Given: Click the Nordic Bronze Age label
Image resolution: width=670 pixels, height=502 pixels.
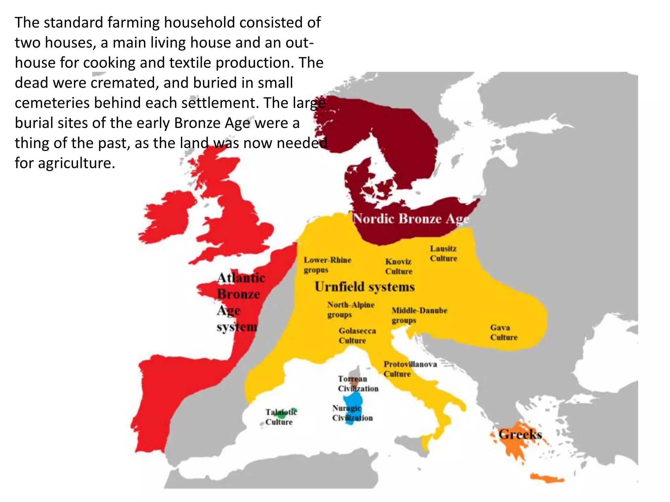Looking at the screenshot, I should pyautogui.click(x=411, y=219).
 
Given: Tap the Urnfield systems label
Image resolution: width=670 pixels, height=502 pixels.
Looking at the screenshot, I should pyautogui.click(x=364, y=287).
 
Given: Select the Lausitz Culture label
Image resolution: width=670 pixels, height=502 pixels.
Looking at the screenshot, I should pyautogui.click(x=443, y=253).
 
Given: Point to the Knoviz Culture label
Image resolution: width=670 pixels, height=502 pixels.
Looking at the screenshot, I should pyautogui.click(x=398, y=266).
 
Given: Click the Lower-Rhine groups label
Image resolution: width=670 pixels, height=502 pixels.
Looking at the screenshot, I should pyautogui.click(x=327, y=265).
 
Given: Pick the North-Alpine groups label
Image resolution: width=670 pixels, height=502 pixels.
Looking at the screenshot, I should pyautogui.click(x=351, y=309).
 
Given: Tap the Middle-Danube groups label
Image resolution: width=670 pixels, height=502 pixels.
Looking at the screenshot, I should pyautogui.click(x=419, y=315).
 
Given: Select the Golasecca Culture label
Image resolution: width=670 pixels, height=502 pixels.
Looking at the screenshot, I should pyautogui.click(x=357, y=335).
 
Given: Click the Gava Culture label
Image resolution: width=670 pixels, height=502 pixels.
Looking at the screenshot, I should pyautogui.click(x=503, y=332).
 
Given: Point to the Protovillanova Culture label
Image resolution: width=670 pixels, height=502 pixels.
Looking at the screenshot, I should pyautogui.click(x=410, y=369).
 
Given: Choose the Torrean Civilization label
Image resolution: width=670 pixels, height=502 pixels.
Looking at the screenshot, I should pyautogui.click(x=358, y=383).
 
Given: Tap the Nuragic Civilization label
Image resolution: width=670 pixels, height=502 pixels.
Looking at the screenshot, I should pyautogui.click(x=352, y=413).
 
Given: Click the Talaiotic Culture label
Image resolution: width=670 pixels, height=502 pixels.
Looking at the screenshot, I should pyautogui.click(x=281, y=417).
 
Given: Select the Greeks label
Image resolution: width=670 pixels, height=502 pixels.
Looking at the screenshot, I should pyautogui.click(x=520, y=434).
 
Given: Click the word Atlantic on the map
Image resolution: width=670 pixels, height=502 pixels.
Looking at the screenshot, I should pyautogui.click(x=241, y=278).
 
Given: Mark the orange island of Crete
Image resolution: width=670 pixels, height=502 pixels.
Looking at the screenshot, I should pyautogui.click(x=547, y=478).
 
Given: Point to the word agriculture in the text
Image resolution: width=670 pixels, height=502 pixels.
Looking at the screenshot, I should pyautogui.click(x=77, y=163).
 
